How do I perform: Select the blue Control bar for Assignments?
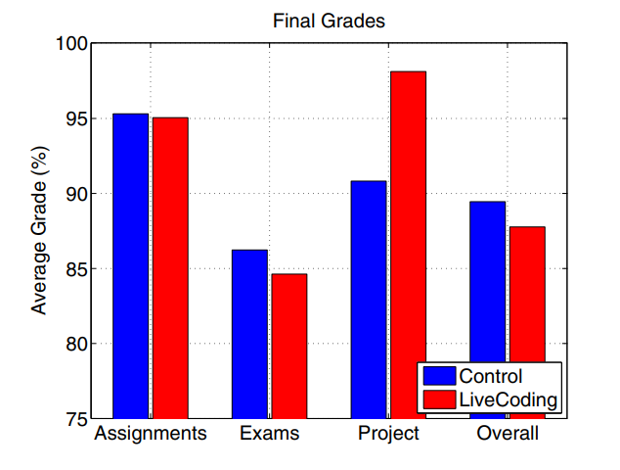130,265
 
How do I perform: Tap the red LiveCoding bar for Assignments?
170,267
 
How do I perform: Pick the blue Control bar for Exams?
249,334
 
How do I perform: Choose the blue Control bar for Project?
369,300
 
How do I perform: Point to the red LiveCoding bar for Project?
408,245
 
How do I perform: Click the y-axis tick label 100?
70,44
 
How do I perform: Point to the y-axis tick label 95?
75,119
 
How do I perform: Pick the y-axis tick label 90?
75,194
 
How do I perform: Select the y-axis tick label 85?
75,269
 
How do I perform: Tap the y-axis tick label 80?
75,344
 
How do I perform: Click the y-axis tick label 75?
75,419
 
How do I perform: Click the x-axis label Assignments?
150,433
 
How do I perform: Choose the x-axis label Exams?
269,433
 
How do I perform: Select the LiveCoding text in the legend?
509,399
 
